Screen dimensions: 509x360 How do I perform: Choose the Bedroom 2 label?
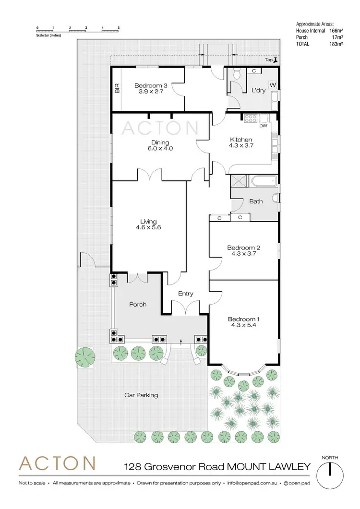pos(243,251)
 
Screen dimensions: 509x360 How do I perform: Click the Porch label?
pos(137,304)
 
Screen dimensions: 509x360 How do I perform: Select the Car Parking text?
pos(141,395)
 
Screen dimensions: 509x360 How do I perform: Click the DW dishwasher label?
pos(263,127)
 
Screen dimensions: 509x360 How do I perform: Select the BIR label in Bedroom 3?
pos(117,88)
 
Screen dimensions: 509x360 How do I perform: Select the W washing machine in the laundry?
pos(273,85)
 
